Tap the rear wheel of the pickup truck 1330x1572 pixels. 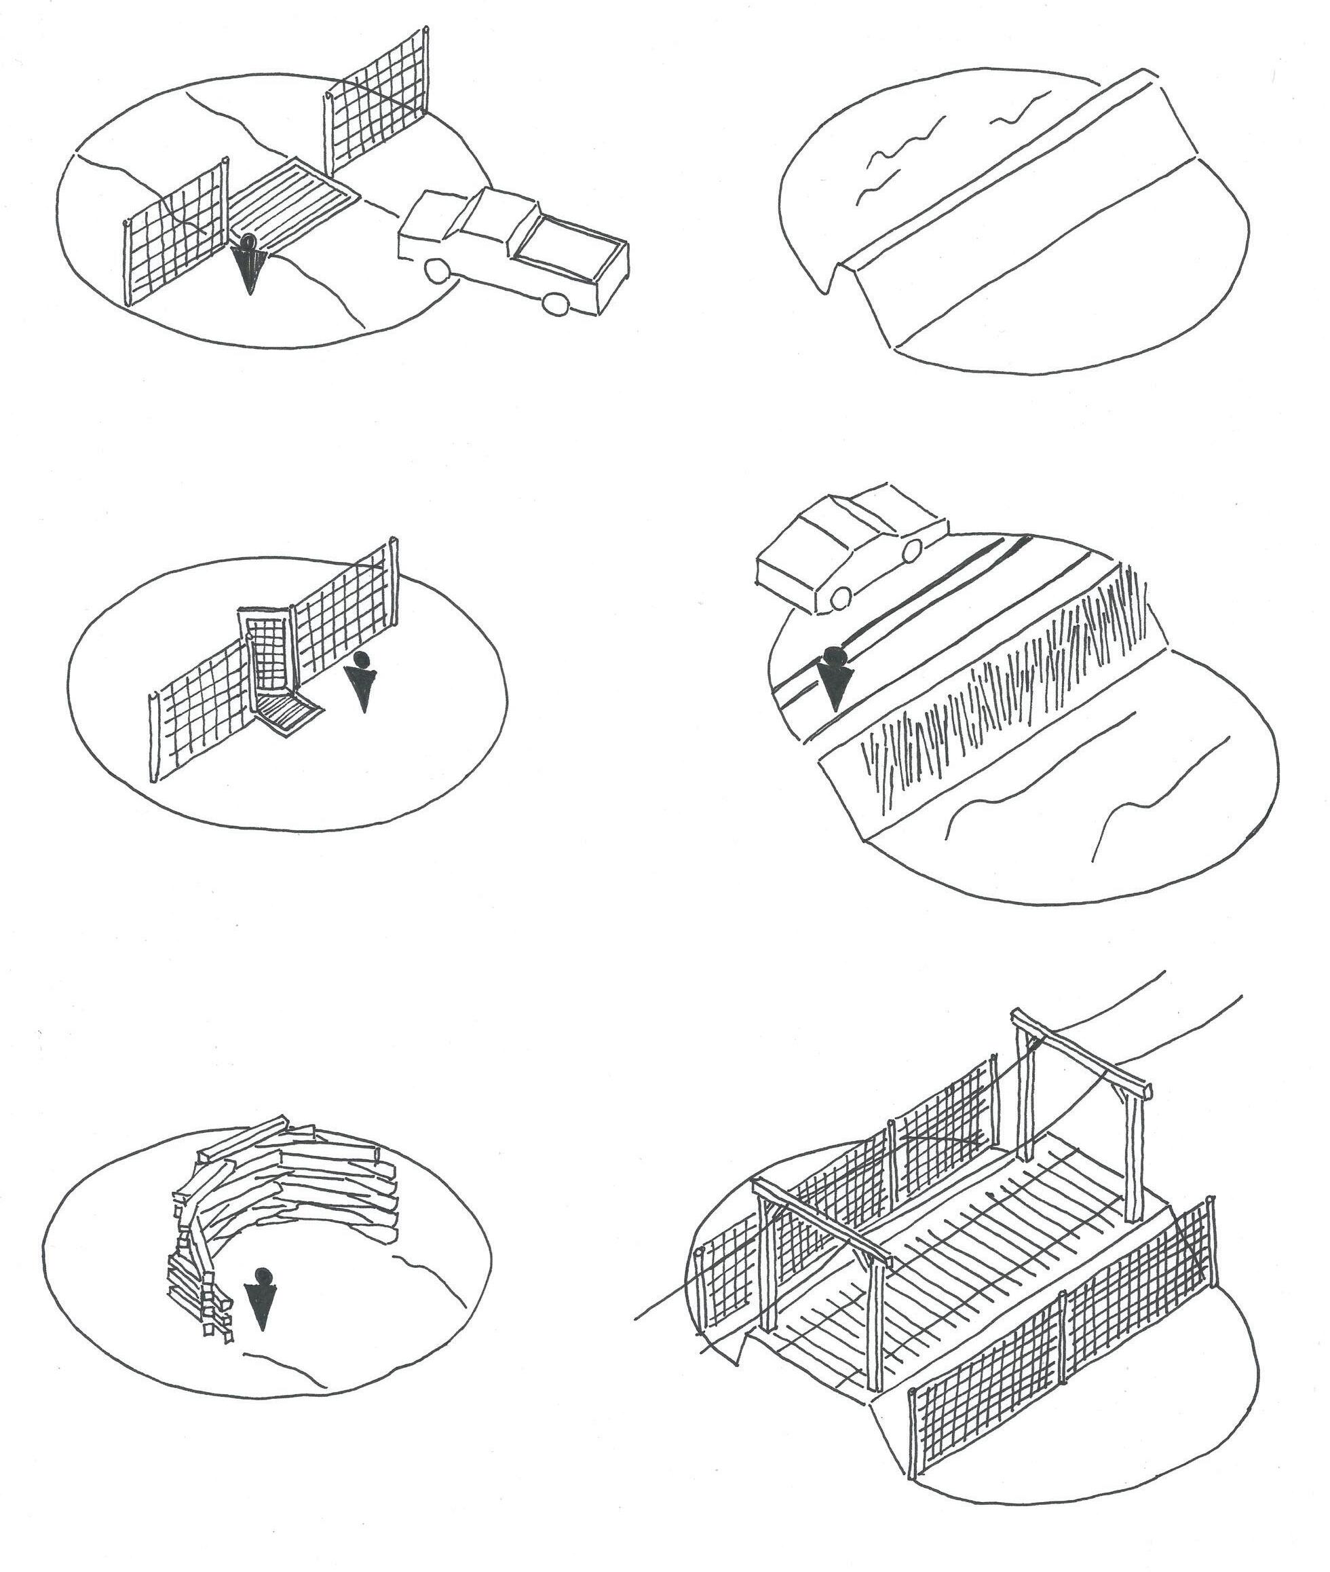click(x=556, y=302)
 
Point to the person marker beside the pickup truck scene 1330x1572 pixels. click(x=248, y=264)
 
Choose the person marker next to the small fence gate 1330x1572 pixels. click(x=362, y=679)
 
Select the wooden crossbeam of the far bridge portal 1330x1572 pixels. click(x=1078, y=1049)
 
